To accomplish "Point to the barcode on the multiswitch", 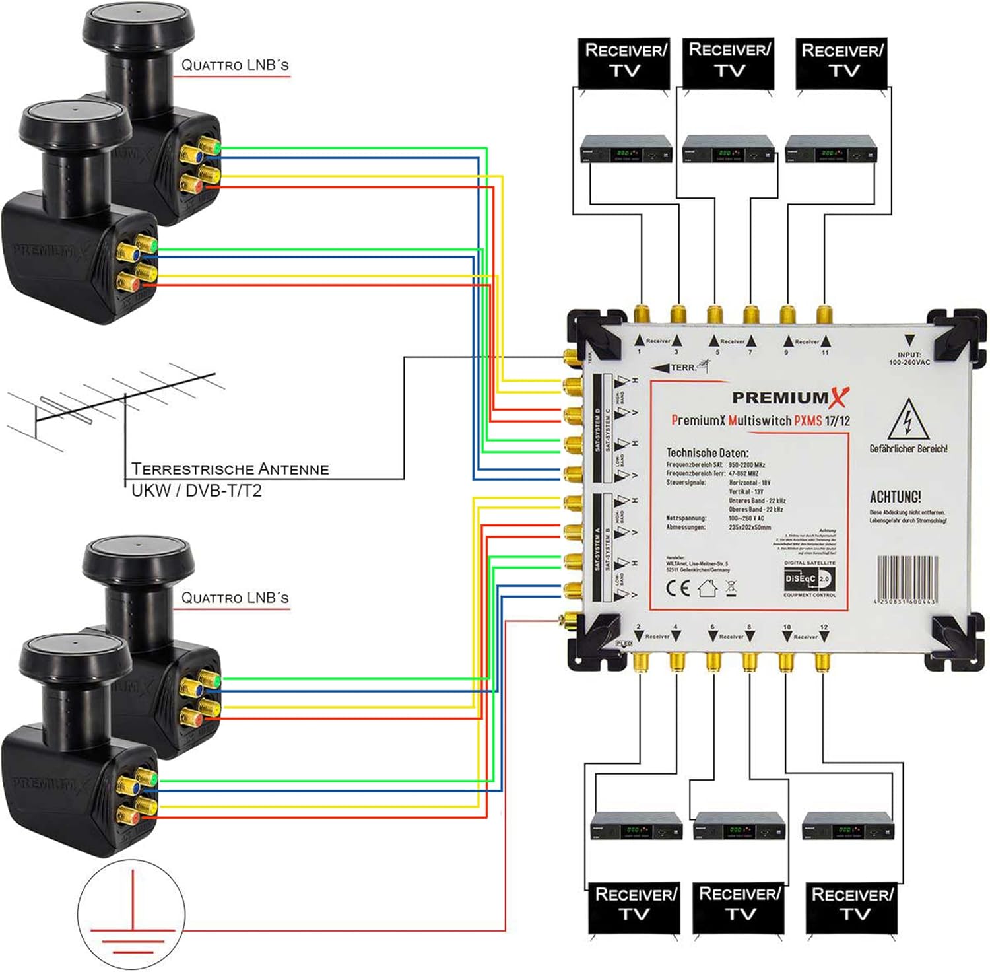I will click(x=907, y=578).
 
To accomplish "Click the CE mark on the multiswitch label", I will click(x=678, y=588).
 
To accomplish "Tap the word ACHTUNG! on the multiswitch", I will click(x=895, y=497).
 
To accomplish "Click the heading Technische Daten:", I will click(x=707, y=453).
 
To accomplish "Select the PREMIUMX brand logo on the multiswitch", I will click(x=790, y=398).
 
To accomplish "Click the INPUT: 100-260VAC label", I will click(x=909, y=359).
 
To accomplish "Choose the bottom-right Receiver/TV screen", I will click(x=852, y=905).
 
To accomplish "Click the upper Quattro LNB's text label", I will click(x=235, y=65).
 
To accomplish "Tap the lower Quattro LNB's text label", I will click(x=235, y=598).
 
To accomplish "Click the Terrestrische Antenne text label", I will click(x=230, y=469).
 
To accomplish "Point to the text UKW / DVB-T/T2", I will click(x=197, y=491).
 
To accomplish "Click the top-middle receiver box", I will click(x=728, y=149).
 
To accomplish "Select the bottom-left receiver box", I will click(x=636, y=825).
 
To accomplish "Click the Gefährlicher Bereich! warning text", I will click(x=908, y=449).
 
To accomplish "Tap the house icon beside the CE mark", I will click(x=708, y=588).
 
